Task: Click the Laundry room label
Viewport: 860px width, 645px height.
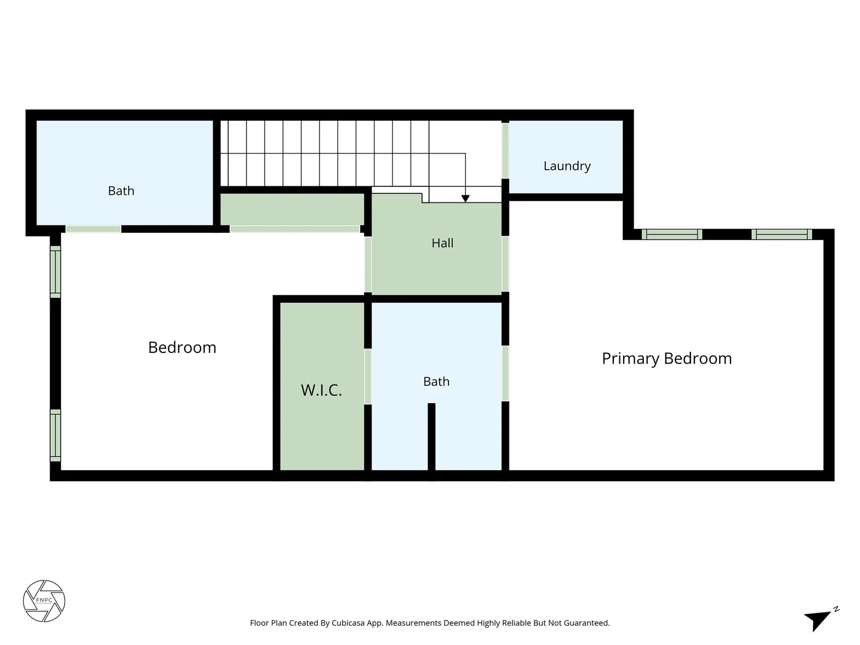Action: click(567, 166)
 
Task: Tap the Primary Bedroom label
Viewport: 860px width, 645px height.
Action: click(666, 359)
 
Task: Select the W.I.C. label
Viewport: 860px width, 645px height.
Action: click(321, 390)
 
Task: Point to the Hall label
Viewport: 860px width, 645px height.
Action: click(443, 243)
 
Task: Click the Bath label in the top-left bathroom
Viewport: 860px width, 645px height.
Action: click(121, 191)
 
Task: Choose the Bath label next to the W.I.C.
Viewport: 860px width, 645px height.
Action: click(436, 382)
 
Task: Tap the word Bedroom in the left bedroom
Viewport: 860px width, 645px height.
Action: click(182, 348)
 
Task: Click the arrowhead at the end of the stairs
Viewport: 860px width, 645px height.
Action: click(465, 198)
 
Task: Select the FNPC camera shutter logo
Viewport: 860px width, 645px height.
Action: click(44, 601)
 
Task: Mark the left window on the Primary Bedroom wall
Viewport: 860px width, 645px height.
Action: click(671, 234)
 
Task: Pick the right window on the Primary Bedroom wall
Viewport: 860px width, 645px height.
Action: click(782, 234)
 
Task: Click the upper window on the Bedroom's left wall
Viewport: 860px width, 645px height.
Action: click(56, 271)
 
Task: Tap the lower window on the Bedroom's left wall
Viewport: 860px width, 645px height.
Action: click(56, 435)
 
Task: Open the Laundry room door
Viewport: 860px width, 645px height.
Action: click(505, 150)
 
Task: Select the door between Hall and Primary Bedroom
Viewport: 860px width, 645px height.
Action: click(505, 263)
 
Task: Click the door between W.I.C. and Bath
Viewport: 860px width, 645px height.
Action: click(367, 376)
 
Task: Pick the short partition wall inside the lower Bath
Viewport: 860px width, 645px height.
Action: click(431, 436)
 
